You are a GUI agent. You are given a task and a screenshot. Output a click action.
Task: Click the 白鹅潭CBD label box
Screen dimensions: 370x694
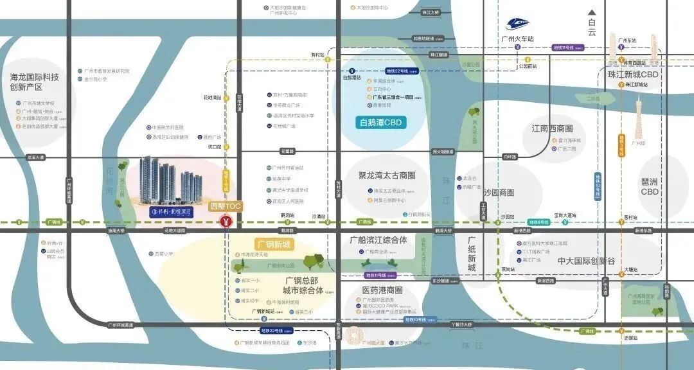[383, 123]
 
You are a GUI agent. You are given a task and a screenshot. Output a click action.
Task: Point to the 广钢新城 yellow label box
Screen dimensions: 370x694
[274, 244]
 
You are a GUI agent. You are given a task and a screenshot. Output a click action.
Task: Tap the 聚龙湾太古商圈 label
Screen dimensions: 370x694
[387, 175]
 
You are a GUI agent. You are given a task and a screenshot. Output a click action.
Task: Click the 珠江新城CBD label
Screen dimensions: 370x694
[634, 75]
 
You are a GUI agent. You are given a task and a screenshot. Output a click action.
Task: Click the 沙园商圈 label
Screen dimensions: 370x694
[499, 192]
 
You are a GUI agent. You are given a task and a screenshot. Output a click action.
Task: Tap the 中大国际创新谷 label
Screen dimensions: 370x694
[586, 261]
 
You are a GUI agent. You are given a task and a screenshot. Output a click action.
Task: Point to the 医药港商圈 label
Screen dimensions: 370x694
[382, 290]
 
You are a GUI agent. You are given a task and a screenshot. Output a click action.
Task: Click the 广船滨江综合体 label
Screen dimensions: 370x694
[378, 240]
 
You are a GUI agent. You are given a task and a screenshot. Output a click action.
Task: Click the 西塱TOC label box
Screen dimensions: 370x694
[225, 207]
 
